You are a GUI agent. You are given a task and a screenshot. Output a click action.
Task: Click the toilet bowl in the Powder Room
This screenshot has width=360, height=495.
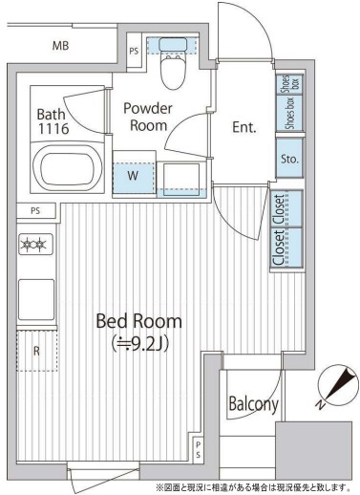click(x=173, y=72)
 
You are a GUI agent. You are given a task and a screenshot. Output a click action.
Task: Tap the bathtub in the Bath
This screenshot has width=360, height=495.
click(x=68, y=168)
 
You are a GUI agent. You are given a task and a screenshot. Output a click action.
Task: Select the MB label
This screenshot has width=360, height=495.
click(x=60, y=46)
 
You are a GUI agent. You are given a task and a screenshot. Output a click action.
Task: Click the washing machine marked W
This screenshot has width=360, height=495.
click(x=134, y=175)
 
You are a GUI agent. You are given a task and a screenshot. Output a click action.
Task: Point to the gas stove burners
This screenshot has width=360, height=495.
click(x=35, y=244)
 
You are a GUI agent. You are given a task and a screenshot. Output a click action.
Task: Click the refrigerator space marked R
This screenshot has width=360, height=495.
click(x=37, y=351)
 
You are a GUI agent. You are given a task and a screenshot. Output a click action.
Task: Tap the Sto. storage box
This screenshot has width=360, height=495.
click(x=289, y=159)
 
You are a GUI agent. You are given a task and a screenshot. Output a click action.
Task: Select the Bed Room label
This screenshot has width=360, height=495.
click(x=139, y=321)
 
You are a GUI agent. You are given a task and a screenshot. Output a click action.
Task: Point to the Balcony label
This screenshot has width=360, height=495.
click(x=253, y=404)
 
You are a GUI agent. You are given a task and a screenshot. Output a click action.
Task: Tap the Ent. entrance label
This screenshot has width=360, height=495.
click(x=244, y=127)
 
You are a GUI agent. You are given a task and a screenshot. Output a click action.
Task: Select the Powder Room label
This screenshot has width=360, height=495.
click(x=148, y=117)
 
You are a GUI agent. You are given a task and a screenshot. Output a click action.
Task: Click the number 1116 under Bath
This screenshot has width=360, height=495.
click(x=53, y=129)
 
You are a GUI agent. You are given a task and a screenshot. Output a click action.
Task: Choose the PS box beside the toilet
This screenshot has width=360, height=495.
click(x=134, y=51)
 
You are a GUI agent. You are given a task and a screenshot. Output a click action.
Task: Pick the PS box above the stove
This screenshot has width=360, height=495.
click(x=36, y=211)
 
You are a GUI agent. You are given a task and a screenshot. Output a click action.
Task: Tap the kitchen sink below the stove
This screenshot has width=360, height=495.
click(x=36, y=299)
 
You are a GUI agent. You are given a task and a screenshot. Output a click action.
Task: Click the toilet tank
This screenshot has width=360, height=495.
click(x=173, y=44)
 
